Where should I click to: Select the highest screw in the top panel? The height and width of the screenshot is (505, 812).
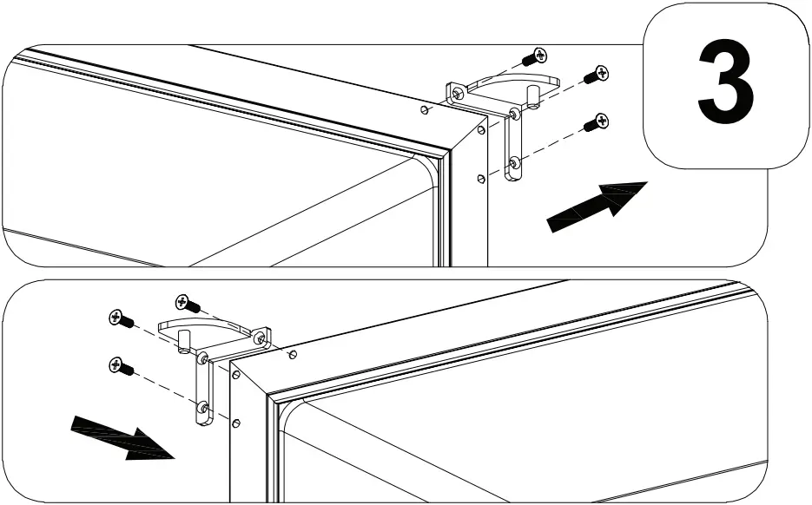(x=535, y=57)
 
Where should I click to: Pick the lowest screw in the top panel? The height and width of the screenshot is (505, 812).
(x=595, y=124)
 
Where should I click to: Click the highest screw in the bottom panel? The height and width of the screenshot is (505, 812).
(x=186, y=303)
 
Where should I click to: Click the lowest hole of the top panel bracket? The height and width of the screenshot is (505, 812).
(x=515, y=161)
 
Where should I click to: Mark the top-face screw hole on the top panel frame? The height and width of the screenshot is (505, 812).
(x=423, y=110)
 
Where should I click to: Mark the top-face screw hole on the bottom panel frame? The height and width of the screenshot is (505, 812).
(x=294, y=354)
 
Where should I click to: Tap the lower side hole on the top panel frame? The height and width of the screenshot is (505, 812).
(x=480, y=178)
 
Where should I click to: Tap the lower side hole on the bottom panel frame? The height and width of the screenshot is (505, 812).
(x=236, y=423)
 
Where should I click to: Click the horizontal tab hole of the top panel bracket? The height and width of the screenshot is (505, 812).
(x=458, y=93)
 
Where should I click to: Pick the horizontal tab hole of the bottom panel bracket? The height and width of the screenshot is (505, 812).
(x=259, y=339)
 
